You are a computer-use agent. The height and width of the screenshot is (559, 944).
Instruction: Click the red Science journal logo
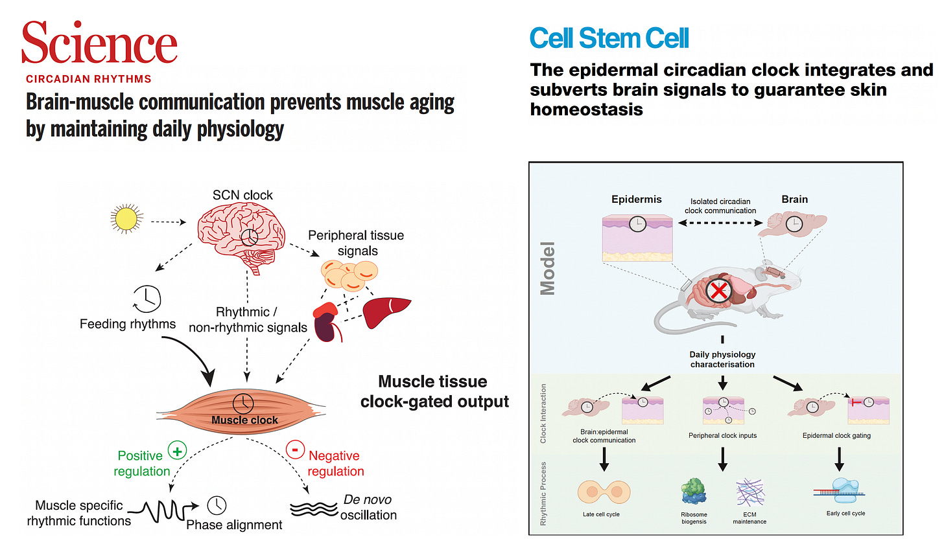99,43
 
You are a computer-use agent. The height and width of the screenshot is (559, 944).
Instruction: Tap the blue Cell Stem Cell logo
609,39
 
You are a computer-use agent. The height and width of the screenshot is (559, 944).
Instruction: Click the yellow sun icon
126,219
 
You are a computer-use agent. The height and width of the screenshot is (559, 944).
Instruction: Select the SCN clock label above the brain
242,195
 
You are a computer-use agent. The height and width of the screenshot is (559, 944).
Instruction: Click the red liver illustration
387,312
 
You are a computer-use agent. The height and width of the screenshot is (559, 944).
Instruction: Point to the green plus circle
177,450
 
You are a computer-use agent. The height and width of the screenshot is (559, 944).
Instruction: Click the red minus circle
295,450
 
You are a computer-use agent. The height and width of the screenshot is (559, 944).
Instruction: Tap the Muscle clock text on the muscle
244,420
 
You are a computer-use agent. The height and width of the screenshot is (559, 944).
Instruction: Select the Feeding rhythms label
128,324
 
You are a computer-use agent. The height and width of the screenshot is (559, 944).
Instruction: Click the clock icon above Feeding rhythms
147,298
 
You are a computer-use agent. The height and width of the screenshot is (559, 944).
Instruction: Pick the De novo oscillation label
368,507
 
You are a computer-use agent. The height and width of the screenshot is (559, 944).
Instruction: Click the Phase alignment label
234,525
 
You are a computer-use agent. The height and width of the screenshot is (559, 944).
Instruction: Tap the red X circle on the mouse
718,291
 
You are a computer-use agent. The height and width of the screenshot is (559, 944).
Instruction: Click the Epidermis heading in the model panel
636,200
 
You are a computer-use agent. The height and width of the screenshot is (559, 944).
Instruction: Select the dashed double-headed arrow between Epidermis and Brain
720,223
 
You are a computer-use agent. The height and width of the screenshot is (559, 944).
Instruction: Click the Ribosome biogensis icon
693,492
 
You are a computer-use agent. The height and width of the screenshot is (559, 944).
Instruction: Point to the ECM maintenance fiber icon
750,492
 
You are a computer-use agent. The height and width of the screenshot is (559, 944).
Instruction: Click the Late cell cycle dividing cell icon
604,492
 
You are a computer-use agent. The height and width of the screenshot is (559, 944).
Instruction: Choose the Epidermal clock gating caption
836,436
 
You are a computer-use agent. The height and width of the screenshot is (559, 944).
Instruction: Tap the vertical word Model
549,269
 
